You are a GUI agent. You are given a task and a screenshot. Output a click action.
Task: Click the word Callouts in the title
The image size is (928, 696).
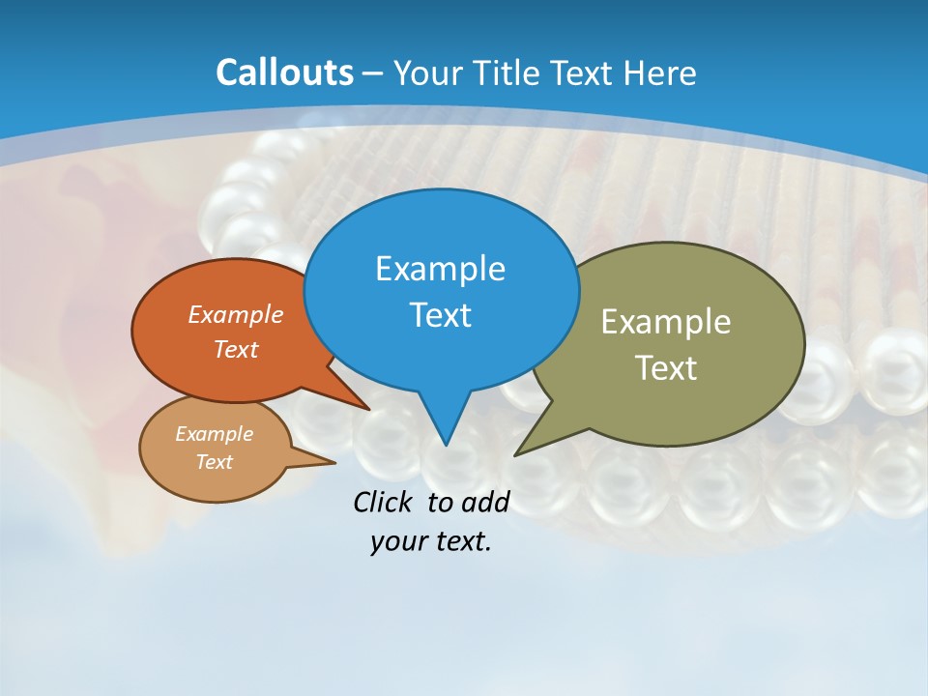pyautogui.click(x=284, y=72)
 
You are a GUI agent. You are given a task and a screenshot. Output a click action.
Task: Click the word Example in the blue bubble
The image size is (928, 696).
pyautogui.click(x=440, y=269)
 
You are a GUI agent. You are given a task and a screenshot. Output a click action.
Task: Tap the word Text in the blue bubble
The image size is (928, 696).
pyautogui.click(x=440, y=315)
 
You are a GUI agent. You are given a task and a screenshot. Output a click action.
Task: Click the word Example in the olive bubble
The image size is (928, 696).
pyautogui.click(x=665, y=322)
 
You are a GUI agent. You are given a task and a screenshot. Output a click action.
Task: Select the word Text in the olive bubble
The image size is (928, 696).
pyautogui.click(x=665, y=368)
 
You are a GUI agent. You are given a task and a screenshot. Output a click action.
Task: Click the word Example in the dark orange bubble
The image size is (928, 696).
pyautogui.click(x=235, y=314)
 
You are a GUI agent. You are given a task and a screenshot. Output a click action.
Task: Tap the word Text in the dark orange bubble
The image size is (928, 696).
pyautogui.click(x=235, y=349)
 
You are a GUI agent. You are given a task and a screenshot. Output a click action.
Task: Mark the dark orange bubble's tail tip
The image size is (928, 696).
pyautogui.click(x=368, y=409)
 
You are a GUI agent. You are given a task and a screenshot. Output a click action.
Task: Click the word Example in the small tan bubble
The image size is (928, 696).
pyautogui.click(x=214, y=434)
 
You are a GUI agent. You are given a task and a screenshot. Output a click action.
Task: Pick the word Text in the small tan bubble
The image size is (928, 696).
pyautogui.click(x=214, y=462)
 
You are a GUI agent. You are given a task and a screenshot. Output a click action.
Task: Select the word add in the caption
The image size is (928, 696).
pyautogui.click(x=484, y=502)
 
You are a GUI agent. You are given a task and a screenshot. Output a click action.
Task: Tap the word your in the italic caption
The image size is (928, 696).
pyautogui.click(x=396, y=541)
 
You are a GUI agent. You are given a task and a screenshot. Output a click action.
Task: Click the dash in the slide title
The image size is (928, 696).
pyautogui.click(x=374, y=73)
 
